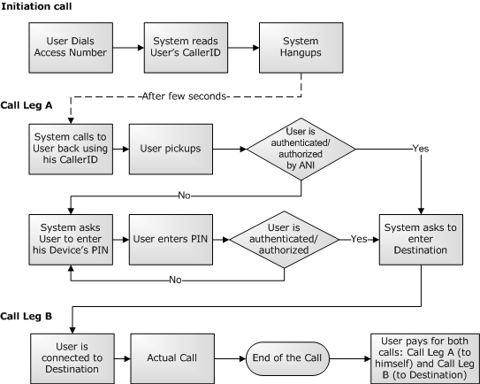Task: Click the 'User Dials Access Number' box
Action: click(x=71, y=48)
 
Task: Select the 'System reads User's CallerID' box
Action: click(x=186, y=48)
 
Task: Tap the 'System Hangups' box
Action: click(x=301, y=48)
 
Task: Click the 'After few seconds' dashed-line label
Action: click(x=184, y=96)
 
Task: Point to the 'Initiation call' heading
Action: click(x=36, y=6)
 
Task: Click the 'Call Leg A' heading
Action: click(x=27, y=105)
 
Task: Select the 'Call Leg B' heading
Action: click(x=27, y=316)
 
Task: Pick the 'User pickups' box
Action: click(x=171, y=150)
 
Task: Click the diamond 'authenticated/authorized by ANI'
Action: click(x=301, y=150)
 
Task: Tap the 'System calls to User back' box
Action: click(x=71, y=150)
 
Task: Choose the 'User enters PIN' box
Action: click(x=171, y=240)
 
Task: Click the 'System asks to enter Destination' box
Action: click(x=421, y=240)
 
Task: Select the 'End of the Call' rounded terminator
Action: click(x=288, y=358)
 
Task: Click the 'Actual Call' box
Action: click(x=172, y=358)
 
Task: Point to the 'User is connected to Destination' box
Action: click(x=72, y=358)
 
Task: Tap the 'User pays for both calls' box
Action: click(x=425, y=358)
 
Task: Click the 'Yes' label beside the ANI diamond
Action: click(x=421, y=149)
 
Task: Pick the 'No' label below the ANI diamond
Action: click(x=184, y=196)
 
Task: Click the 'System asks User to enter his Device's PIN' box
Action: click(x=71, y=240)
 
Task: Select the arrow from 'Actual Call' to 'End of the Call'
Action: click(x=230, y=358)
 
